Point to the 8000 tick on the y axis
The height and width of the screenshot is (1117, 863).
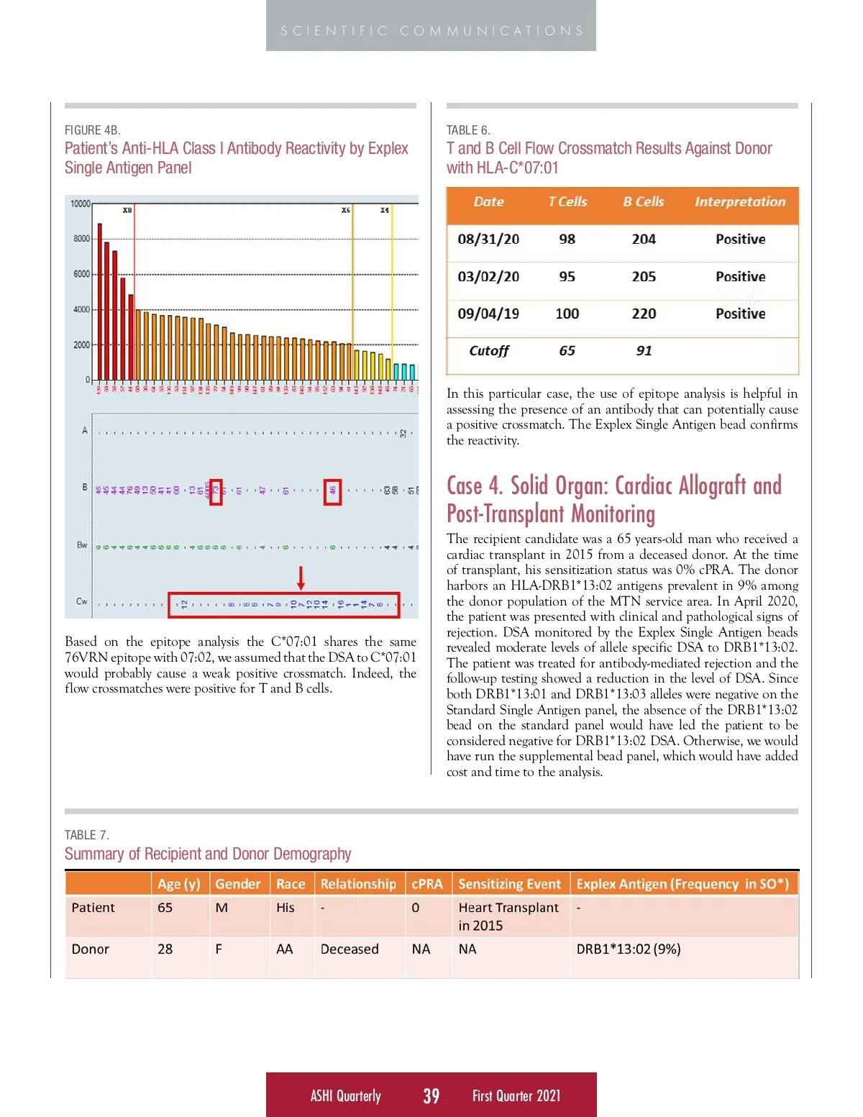(81, 239)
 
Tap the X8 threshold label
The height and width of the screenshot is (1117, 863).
(127, 210)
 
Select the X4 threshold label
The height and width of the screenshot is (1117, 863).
(385, 210)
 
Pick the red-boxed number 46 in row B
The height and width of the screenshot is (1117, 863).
(332, 492)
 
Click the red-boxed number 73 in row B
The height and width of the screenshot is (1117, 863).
(216, 492)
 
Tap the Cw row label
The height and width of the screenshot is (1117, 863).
(81, 601)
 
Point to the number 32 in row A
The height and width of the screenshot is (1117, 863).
(403, 433)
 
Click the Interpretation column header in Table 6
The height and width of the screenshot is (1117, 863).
(740, 202)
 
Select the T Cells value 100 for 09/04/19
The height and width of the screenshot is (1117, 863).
(567, 314)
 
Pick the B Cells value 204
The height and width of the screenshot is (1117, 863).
(644, 239)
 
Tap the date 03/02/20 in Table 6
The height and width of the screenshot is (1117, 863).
(488, 276)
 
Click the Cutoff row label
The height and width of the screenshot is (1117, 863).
(488, 351)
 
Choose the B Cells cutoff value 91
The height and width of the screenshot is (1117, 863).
(644, 351)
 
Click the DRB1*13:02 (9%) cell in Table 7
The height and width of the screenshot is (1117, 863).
(628, 949)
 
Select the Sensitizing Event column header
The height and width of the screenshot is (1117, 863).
(509, 884)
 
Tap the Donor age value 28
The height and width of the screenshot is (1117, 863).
(165, 949)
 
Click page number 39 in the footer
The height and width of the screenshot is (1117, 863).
(431, 1095)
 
